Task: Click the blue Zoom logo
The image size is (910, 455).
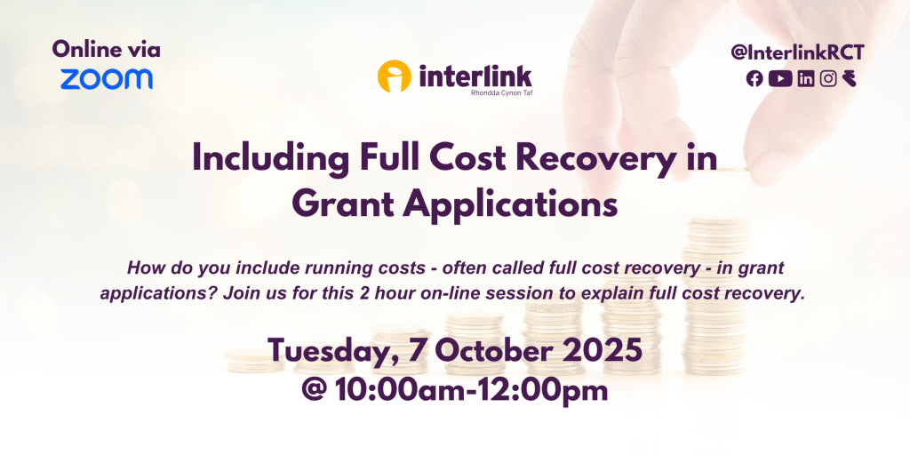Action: (x=107, y=79)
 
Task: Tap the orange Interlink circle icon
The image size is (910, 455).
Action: (x=394, y=76)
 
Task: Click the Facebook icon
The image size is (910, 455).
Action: (x=754, y=78)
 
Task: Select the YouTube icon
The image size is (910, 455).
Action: (x=780, y=78)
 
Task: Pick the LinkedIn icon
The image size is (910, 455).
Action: (x=805, y=78)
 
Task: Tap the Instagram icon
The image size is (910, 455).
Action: (x=828, y=78)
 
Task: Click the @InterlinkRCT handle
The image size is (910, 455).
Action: (x=797, y=52)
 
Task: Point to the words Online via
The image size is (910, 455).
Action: (x=107, y=50)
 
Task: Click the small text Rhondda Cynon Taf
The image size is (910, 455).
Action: (x=501, y=92)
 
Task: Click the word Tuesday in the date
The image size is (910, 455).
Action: (x=333, y=352)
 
